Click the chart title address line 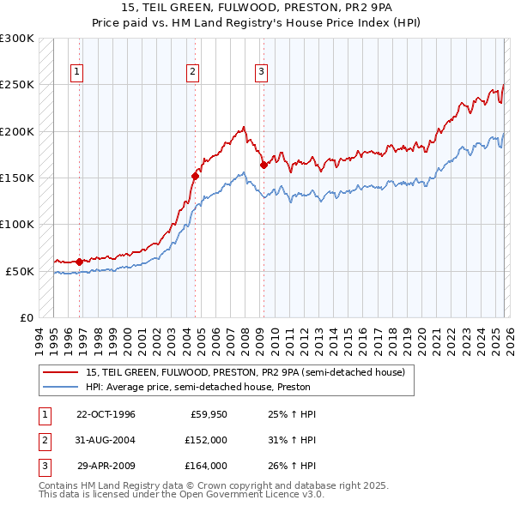(257, 8)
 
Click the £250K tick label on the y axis (16, 85)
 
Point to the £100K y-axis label (16, 224)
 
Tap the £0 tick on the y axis (26, 317)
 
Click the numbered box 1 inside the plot (77, 73)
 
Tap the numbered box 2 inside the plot (193, 73)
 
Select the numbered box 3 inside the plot (260, 73)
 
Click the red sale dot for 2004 (195, 176)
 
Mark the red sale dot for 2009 (264, 165)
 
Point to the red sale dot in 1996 (80, 262)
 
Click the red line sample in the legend (60, 372)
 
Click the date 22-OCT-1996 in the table (106, 414)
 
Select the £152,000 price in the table (206, 440)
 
